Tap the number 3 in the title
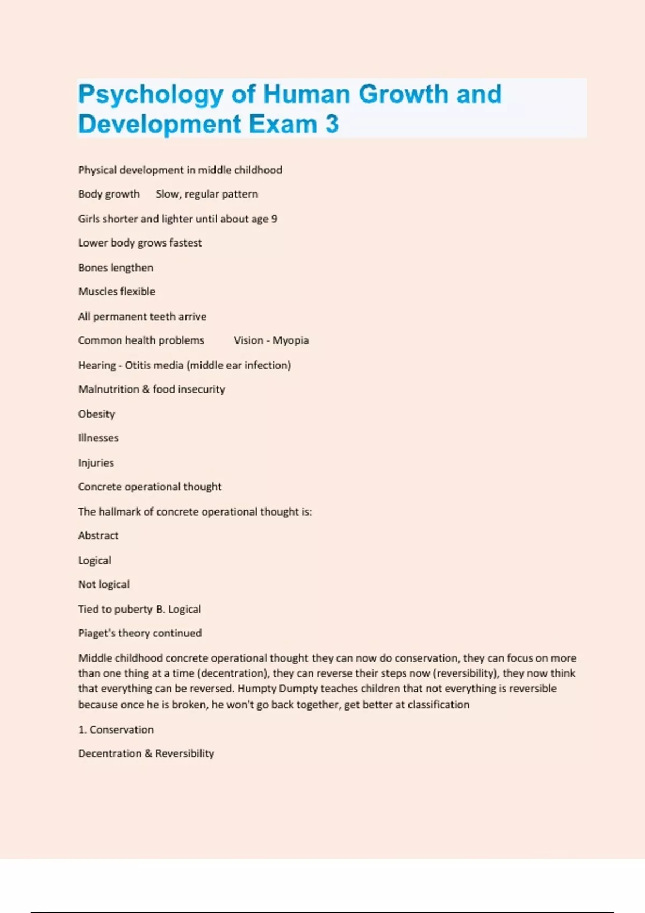[332, 124]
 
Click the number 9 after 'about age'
[274, 219]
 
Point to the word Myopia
[290, 340]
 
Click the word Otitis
[139, 365]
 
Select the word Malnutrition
[109, 389]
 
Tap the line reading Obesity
[97, 414]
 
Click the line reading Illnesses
[98, 438]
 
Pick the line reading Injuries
[96, 463]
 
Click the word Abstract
[98, 535]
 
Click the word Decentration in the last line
[110, 753]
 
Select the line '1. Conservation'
[116, 729]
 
